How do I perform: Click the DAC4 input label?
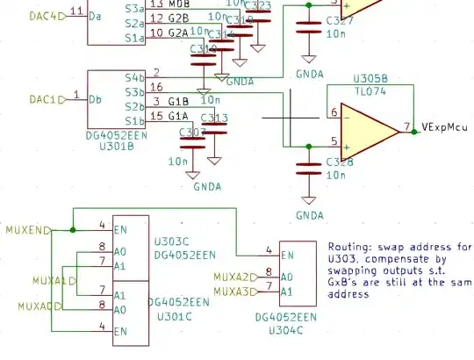(x=22, y=15)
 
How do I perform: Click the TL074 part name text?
(x=370, y=89)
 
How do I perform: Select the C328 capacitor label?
(x=339, y=162)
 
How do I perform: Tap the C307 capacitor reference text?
(x=192, y=133)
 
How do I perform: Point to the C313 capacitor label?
(x=214, y=119)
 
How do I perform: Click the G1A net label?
(x=179, y=116)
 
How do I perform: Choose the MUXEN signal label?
(x=24, y=229)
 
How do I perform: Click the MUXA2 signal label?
(x=232, y=277)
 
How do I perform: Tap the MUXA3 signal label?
(x=232, y=291)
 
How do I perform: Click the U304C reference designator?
(x=284, y=330)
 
